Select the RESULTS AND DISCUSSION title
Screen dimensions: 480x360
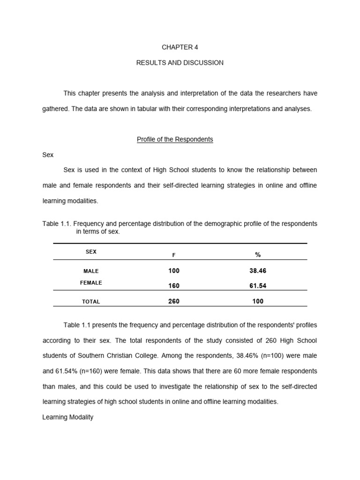tap(180, 63)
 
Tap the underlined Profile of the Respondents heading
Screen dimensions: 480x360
tap(175, 140)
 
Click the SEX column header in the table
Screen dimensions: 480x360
tap(91, 252)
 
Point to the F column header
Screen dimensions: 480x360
tap(174, 255)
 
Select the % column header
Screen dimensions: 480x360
tap(258, 255)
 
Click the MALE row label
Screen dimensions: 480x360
tap(91, 271)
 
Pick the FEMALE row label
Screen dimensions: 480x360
tap(91, 283)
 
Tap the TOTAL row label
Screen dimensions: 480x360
tap(91, 302)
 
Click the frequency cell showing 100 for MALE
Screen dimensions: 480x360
tap(174, 271)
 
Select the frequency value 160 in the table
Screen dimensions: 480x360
tap(174, 286)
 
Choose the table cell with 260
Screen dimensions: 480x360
tap(174, 301)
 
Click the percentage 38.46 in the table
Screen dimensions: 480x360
tap(258, 271)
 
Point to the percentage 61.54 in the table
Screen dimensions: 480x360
tap(258, 286)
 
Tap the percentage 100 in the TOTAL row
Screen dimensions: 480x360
tap(258, 301)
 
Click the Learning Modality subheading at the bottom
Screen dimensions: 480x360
tap(68, 417)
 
